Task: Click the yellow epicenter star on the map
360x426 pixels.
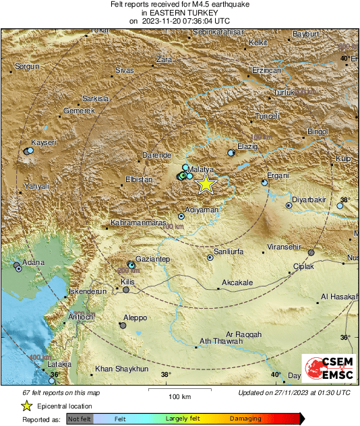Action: click(206, 184)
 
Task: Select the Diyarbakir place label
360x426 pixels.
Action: click(309, 200)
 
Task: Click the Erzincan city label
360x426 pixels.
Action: click(266, 70)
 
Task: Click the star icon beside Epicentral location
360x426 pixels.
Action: click(27, 406)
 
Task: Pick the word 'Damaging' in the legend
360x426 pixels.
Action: click(246, 419)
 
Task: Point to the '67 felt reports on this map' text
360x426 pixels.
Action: click(62, 392)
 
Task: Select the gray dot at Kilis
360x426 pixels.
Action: click(125, 289)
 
